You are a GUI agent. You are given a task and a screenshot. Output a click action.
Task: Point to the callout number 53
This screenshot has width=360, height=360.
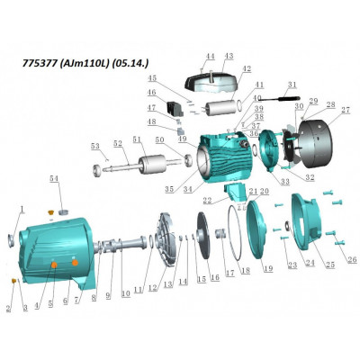pos(94,145)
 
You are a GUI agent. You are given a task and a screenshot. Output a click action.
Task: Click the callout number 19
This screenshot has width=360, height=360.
pos(267,267)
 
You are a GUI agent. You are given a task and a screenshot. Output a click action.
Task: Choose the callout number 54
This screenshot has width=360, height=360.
pos(54,180)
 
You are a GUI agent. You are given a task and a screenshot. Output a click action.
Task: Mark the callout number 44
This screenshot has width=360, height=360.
pos(209,56)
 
